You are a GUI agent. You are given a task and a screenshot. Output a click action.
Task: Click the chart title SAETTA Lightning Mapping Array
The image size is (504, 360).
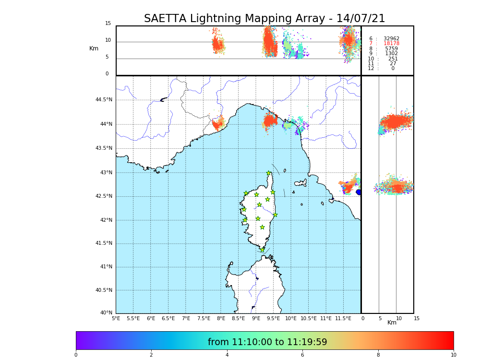(264, 19)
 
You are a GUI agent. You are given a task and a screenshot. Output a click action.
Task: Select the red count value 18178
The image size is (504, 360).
(391, 44)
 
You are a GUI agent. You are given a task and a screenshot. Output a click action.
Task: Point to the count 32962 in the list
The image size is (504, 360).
(391, 39)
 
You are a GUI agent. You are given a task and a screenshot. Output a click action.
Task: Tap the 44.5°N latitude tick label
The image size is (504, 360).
(104, 100)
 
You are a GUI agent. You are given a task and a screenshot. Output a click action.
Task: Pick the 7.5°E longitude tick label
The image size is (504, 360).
(204, 318)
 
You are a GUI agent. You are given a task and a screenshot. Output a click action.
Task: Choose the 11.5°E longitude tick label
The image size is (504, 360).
(343, 318)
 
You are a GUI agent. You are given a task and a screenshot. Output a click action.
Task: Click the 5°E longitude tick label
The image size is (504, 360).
(116, 318)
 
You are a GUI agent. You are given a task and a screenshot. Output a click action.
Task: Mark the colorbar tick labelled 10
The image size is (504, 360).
(453, 355)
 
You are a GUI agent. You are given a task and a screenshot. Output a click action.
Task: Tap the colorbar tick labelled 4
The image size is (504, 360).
(227, 355)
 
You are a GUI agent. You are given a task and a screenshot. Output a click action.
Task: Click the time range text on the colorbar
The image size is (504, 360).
(267, 342)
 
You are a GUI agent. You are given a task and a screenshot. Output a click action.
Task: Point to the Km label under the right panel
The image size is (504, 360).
(392, 323)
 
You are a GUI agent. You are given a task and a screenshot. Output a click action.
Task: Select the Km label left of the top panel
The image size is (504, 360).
(94, 48)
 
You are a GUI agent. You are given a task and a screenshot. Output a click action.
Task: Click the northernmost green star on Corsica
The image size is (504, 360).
(268, 173)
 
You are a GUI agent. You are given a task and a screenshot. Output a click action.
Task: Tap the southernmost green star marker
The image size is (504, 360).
(262, 250)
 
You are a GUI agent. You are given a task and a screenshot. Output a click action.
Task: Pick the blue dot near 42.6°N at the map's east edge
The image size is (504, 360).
(359, 192)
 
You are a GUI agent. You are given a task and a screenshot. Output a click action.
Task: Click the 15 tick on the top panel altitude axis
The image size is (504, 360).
(108, 24)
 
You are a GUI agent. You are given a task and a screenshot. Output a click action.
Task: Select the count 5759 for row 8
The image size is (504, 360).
(391, 49)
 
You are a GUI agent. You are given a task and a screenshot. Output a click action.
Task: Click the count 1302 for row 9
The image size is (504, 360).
(391, 54)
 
